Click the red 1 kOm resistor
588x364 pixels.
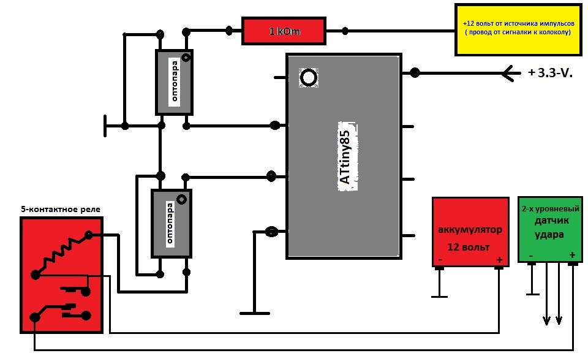(284, 31)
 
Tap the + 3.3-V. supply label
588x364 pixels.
(549, 74)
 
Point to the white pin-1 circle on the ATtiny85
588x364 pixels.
(308, 78)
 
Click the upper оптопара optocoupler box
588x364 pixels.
(174, 82)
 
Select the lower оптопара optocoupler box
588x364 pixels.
(171, 224)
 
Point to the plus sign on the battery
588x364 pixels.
(499, 260)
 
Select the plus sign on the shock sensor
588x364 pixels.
(572, 254)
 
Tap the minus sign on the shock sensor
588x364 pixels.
(530, 254)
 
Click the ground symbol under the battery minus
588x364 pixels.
(439, 296)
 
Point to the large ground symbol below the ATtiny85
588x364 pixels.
(255, 313)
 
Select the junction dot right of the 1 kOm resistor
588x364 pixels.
(346, 31)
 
